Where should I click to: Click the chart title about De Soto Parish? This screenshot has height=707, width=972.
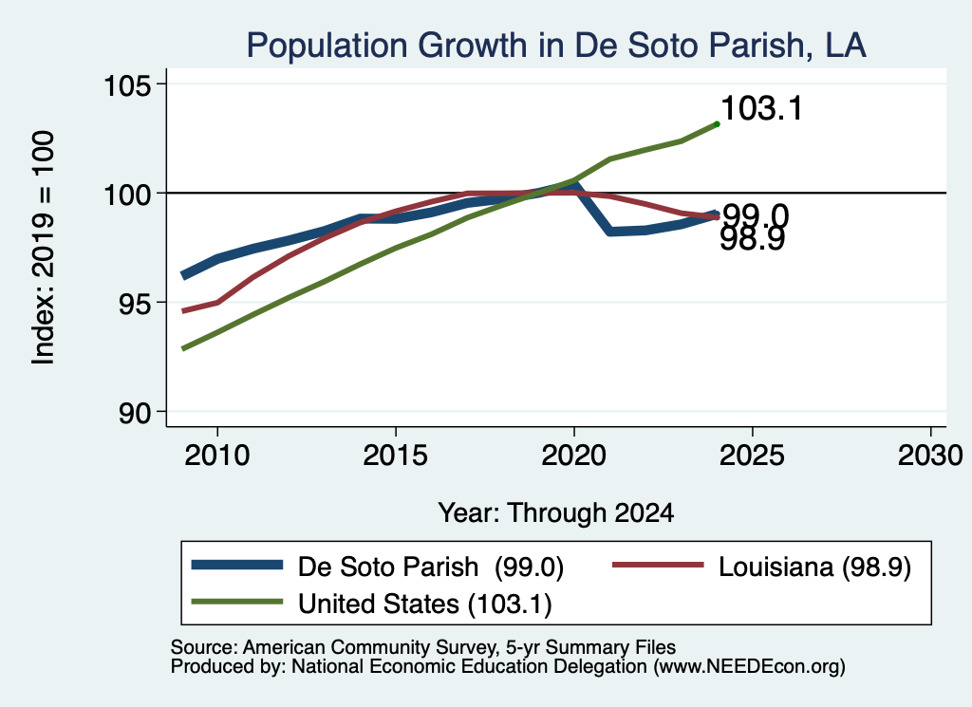556,46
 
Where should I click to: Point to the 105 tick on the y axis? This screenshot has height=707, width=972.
127,84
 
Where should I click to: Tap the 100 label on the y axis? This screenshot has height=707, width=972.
127,194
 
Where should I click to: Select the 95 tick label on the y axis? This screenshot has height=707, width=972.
135,303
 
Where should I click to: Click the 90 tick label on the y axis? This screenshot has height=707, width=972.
135,413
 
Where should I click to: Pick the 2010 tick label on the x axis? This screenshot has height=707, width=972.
217,456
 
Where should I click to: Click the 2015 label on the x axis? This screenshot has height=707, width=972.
396,456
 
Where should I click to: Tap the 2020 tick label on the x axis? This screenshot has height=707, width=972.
574,456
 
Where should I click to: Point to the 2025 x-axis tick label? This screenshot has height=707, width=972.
752,456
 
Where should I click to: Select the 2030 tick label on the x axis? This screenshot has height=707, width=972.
930,456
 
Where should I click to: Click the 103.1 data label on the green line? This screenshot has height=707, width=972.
762,108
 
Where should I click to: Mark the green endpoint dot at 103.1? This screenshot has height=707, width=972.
717,124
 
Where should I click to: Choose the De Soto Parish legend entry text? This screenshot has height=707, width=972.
431,567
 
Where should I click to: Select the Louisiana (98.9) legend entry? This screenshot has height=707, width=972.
814,567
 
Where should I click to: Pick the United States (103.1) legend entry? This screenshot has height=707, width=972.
424,605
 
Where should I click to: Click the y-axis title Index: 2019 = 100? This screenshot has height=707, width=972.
44,248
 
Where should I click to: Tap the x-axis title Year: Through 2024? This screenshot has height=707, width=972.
556,513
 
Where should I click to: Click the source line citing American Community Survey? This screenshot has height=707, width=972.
423,647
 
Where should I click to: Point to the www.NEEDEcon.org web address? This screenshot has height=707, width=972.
749,667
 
